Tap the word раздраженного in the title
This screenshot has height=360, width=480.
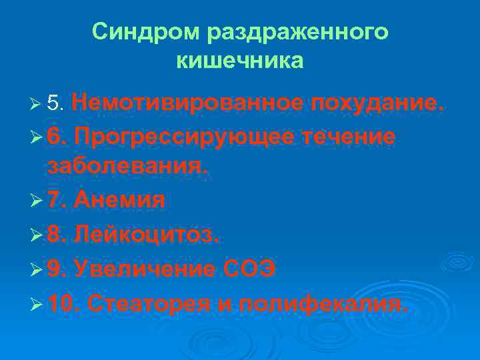click(297, 31)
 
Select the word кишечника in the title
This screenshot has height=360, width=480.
click(240, 61)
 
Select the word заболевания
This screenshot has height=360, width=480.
click(127, 167)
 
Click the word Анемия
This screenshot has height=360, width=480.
click(120, 199)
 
